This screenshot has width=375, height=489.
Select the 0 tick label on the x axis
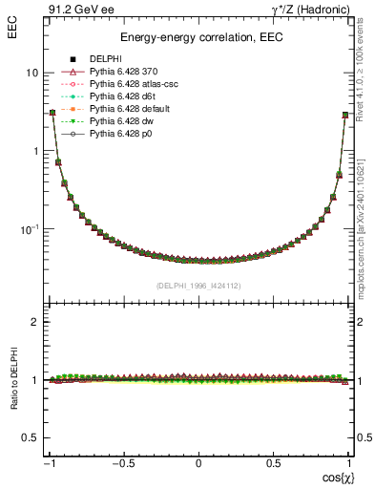click(x=198, y=465)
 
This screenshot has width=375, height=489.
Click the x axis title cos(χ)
click(x=332, y=478)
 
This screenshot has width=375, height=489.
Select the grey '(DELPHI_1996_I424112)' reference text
click(x=198, y=285)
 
